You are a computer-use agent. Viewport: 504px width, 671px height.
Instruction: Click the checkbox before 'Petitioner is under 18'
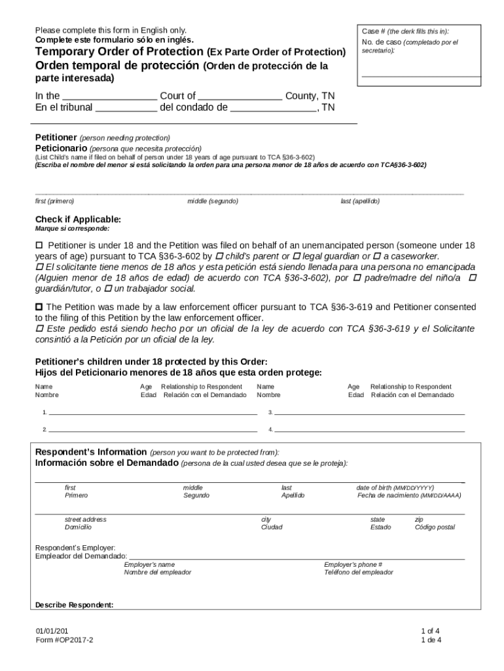[x=39, y=245]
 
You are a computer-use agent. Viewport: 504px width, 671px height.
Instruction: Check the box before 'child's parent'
[x=219, y=256]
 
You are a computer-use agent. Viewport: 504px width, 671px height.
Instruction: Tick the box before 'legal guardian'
[x=297, y=256]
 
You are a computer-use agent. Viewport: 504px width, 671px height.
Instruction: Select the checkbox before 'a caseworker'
[x=377, y=256]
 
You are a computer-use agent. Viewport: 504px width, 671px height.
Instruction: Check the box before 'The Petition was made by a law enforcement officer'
[x=39, y=307]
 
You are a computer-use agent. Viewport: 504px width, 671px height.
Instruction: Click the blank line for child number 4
[x=370, y=431]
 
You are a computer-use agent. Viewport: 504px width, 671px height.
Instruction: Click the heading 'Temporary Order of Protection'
[x=119, y=51]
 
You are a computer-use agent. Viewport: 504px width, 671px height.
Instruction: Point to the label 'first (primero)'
[x=54, y=201]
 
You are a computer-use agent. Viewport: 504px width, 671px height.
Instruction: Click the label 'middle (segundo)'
[x=213, y=201]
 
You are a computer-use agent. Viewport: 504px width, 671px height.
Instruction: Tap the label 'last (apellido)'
[x=359, y=201]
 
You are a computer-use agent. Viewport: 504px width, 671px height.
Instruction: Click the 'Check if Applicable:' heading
[x=78, y=220]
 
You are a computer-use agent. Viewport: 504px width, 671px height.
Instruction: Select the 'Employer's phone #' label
[x=353, y=564]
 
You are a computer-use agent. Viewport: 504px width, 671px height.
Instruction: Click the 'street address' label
[x=85, y=519]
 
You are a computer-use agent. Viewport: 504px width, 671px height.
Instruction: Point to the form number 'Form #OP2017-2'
[x=65, y=640]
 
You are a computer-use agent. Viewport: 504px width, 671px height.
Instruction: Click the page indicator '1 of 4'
[x=430, y=631]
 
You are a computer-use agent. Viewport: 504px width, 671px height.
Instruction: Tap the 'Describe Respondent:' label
[x=74, y=605]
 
